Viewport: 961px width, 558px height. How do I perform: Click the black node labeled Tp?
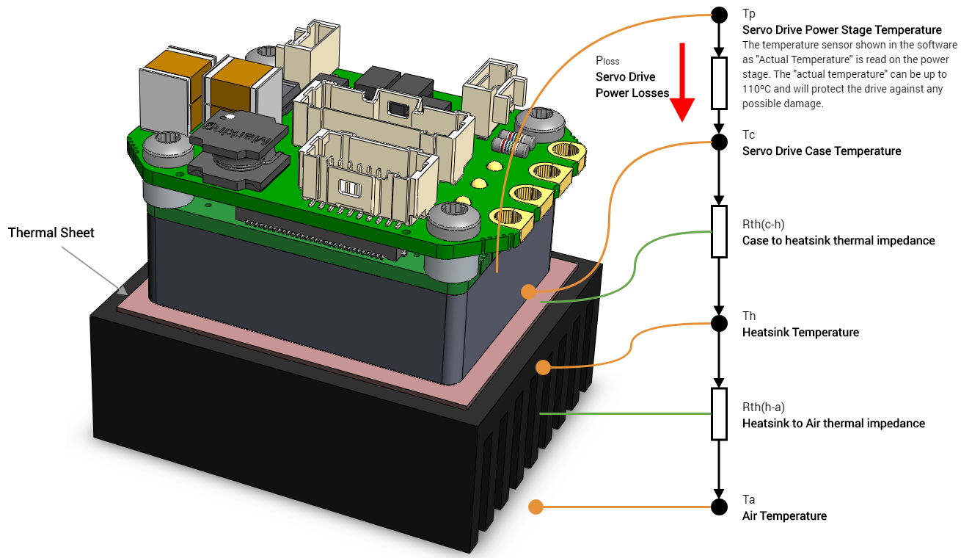(x=720, y=14)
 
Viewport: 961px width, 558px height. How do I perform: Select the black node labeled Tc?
(x=720, y=139)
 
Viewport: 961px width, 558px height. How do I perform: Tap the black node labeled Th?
(x=720, y=322)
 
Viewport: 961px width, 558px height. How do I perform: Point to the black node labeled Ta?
(x=720, y=507)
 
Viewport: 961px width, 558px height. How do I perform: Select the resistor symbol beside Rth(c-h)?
(x=720, y=231)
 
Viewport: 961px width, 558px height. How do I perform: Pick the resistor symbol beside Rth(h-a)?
(x=720, y=414)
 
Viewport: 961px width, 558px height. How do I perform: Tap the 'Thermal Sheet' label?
(x=51, y=233)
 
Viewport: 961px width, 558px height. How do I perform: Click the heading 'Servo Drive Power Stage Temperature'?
(x=841, y=30)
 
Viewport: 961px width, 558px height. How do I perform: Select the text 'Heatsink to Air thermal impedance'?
(x=833, y=423)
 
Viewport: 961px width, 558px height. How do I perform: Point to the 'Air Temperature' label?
(x=784, y=516)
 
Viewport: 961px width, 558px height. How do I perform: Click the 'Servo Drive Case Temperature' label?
(x=822, y=151)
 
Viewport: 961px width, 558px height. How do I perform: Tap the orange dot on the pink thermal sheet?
(x=528, y=291)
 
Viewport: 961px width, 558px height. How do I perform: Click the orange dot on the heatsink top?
(x=542, y=367)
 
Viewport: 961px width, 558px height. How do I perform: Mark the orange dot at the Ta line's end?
(x=536, y=507)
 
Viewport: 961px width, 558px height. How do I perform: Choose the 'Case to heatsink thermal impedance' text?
(x=838, y=240)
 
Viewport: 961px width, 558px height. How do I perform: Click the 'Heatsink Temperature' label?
(x=800, y=333)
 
